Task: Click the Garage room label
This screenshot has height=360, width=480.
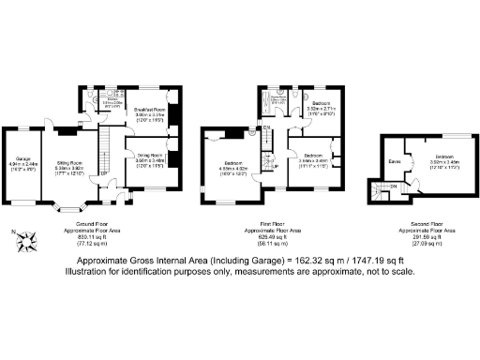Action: click(20, 160)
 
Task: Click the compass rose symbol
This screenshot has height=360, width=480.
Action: click(25, 242)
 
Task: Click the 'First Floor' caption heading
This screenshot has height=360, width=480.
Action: click(278, 224)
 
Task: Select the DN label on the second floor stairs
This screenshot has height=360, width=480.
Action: click(392, 187)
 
